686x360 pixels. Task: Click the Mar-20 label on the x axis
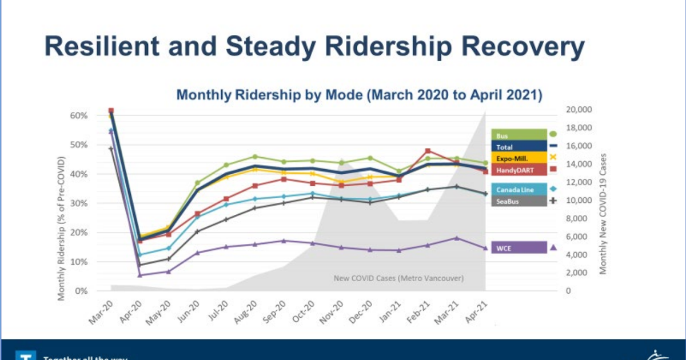click(x=101, y=313)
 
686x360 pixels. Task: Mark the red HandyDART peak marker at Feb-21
click(x=428, y=151)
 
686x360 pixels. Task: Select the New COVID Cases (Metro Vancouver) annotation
click(x=398, y=278)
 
